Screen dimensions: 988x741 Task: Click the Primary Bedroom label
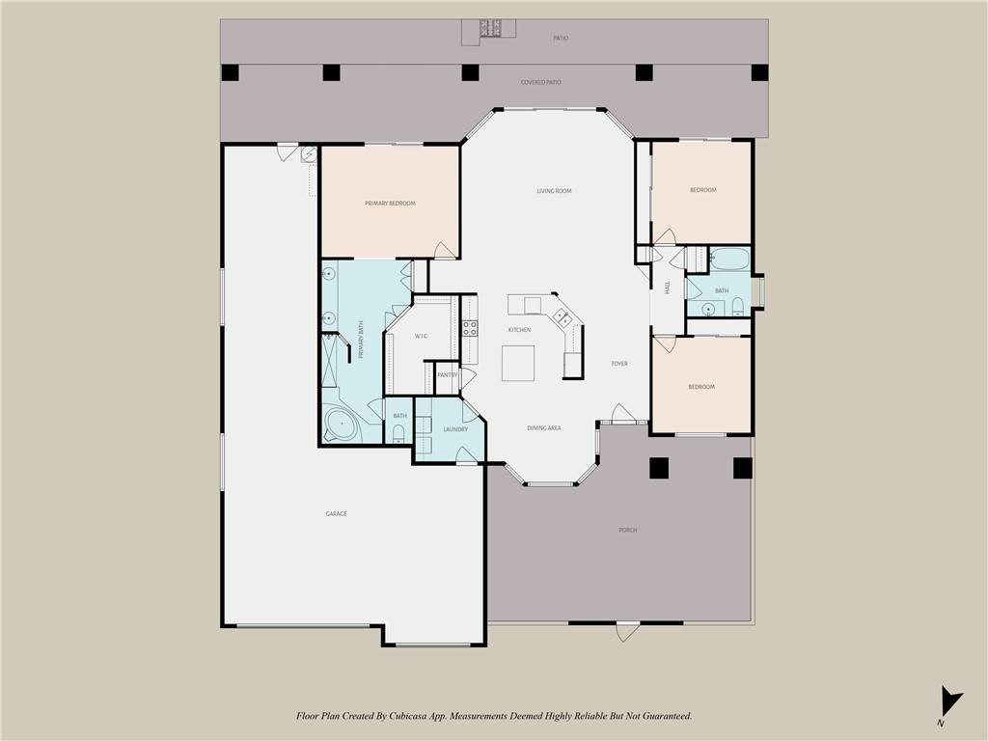click(x=390, y=204)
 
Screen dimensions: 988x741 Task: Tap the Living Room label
click(x=554, y=191)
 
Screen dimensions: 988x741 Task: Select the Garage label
click(x=336, y=514)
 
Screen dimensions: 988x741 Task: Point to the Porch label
click(x=627, y=531)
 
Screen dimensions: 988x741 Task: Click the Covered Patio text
click(x=540, y=83)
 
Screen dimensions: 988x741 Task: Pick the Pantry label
click(x=448, y=375)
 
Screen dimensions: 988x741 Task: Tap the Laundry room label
click(x=455, y=429)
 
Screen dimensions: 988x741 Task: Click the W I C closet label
click(x=421, y=337)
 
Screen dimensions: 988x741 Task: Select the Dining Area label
click(x=544, y=428)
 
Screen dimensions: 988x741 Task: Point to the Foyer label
click(x=619, y=364)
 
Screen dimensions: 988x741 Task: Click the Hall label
click(x=668, y=288)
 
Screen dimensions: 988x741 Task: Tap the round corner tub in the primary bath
click(x=341, y=425)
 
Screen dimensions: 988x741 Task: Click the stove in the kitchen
click(x=470, y=328)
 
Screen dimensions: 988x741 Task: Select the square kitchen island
click(x=518, y=363)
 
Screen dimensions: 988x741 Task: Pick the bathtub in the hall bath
click(x=729, y=259)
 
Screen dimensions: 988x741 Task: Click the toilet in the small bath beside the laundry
click(x=398, y=433)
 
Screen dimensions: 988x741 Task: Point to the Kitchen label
click(x=520, y=330)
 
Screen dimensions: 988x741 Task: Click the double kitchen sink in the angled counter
click(x=563, y=316)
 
